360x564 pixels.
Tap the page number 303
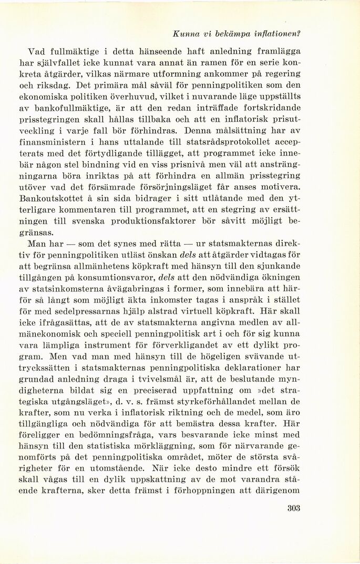pyautogui.click(x=297, y=508)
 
